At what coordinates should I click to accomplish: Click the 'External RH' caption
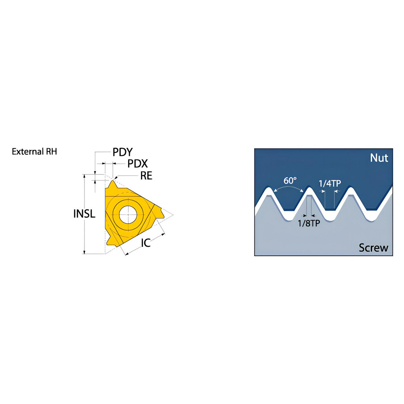coord(34,151)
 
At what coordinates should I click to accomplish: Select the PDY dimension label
coord(122,152)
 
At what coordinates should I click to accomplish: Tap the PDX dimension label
coord(138,164)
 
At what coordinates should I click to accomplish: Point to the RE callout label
coord(146,176)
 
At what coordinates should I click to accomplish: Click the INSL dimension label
coord(84,214)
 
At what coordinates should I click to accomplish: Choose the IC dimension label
coord(145,243)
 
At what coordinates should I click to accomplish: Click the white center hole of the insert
coord(128,215)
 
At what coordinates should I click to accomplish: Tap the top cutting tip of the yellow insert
coord(112,181)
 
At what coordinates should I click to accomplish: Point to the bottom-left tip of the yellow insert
coord(108,244)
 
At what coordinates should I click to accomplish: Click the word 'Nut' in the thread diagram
coord(379,158)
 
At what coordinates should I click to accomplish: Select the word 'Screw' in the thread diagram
coord(373,248)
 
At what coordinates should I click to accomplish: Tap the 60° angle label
coord(290,181)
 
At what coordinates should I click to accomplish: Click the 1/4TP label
coord(330,183)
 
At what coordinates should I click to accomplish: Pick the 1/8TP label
coord(309,223)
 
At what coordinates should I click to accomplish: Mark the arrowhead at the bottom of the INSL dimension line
coord(84,252)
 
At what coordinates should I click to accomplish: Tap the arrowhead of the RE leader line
coord(116,177)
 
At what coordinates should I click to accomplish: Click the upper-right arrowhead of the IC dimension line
coord(163,234)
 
